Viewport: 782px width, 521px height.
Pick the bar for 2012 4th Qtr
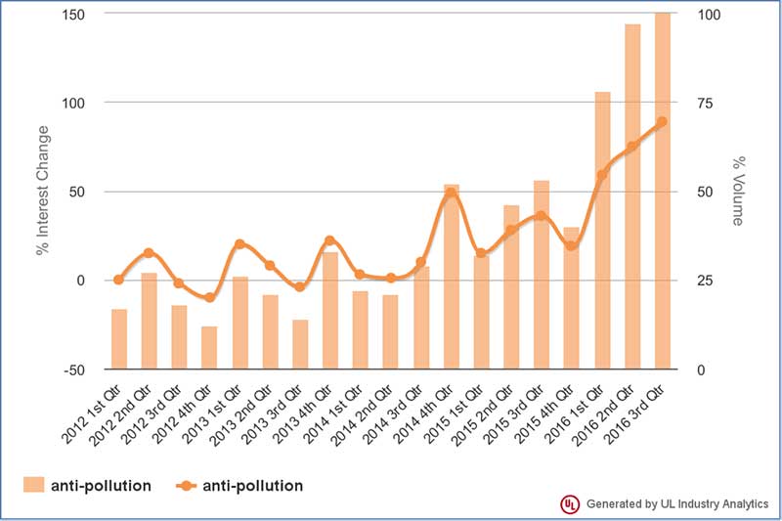click(x=209, y=347)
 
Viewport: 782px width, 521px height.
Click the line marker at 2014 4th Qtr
click(x=452, y=194)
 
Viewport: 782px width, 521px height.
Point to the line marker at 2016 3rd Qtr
click(x=662, y=122)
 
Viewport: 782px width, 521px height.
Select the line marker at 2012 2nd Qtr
click(x=149, y=253)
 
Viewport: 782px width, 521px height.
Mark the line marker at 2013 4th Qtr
click(x=329, y=240)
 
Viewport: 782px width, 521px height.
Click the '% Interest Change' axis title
click(x=43, y=192)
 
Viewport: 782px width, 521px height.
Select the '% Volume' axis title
click(x=740, y=192)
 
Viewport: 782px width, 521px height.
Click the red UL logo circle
click(x=569, y=504)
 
